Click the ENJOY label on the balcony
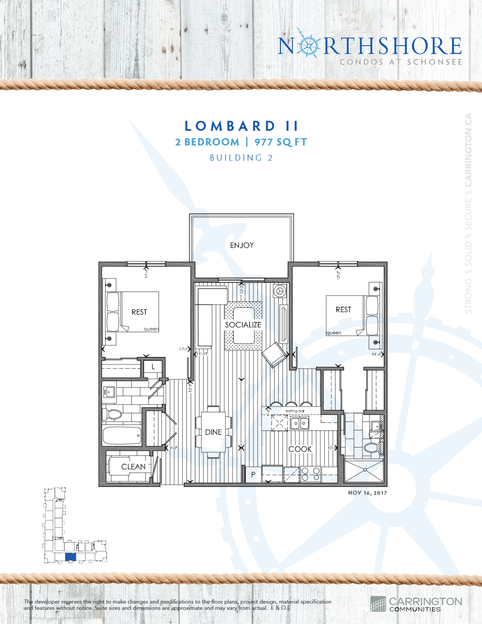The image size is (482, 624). (242, 245)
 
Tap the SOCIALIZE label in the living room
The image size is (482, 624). (243, 325)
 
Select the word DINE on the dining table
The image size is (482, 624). (213, 432)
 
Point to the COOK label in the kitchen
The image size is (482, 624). (300, 449)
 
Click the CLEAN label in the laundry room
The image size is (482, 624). (133, 466)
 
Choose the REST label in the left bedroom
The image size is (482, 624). (139, 312)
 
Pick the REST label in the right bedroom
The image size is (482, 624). (343, 310)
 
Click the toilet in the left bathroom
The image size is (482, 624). (113, 414)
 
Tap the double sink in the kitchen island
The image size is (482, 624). (300, 422)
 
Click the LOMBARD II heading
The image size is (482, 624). (242, 126)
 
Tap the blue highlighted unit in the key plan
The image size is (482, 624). (70, 557)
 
